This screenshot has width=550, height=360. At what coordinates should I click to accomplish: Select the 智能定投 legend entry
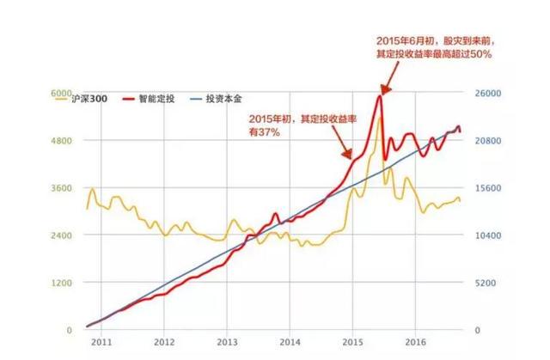click(x=176, y=100)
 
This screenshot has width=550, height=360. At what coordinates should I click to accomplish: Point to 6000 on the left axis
click(x=62, y=93)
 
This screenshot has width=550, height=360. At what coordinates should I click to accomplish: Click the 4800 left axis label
click(x=62, y=140)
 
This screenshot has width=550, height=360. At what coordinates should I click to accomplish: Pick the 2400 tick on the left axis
click(x=62, y=235)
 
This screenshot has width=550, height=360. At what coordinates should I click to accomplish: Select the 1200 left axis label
click(x=62, y=283)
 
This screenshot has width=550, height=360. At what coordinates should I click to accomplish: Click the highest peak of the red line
click(x=380, y=95)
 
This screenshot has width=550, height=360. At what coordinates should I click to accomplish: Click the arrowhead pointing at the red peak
click(x=384, y=90)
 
